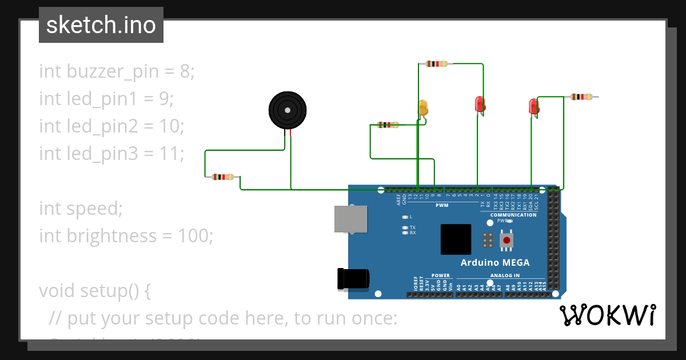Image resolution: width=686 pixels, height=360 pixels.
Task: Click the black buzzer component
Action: click(288, 111)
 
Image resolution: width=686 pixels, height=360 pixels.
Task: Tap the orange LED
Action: click(423, 107)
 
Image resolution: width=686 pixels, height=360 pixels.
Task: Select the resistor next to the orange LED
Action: click(388, 125)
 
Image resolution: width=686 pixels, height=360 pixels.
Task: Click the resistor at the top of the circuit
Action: click(436, 64)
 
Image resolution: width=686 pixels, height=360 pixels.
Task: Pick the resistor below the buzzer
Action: click(222, 177)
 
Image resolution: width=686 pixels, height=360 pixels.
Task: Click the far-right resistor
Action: click(582, 97)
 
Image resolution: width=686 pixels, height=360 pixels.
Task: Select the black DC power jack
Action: click(352, 279)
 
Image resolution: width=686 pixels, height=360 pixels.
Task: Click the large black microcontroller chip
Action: click(456, 239)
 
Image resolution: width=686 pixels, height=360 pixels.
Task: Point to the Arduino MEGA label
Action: click(495, 263)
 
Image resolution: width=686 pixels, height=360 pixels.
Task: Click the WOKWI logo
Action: click(607, 315)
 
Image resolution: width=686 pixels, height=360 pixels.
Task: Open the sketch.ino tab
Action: click(101, 25)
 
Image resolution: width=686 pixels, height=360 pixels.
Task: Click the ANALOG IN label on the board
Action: click(504, 275)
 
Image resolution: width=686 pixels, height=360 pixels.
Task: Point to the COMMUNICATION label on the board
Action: click(513, 215)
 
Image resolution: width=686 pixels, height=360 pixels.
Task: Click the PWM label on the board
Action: click(442, 205)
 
